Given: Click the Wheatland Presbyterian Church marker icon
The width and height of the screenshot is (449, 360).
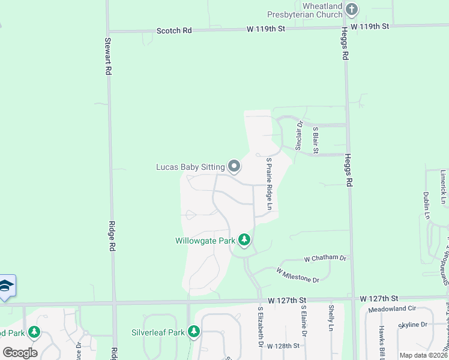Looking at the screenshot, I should tap(352, 10).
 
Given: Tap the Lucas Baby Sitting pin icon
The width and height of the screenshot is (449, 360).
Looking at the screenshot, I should tap(234, 166).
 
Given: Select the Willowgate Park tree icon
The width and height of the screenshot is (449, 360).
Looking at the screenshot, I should tap(244, 241).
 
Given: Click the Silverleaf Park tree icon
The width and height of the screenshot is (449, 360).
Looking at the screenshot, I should tap(193, 331).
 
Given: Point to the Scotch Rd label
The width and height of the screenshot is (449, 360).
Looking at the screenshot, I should tap(174, 30).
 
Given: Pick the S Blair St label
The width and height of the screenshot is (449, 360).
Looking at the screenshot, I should tap(315, 139).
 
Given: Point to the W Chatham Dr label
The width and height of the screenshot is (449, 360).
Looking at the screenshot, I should tap(325, 258).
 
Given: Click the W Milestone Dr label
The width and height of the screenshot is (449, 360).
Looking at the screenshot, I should tap(298, 275).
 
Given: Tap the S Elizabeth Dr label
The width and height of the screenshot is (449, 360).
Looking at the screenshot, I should tap(261, 327).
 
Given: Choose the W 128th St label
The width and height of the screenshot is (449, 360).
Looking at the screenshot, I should tap(283, 346).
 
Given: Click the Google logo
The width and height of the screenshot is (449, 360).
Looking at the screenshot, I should tap(19, 353).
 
